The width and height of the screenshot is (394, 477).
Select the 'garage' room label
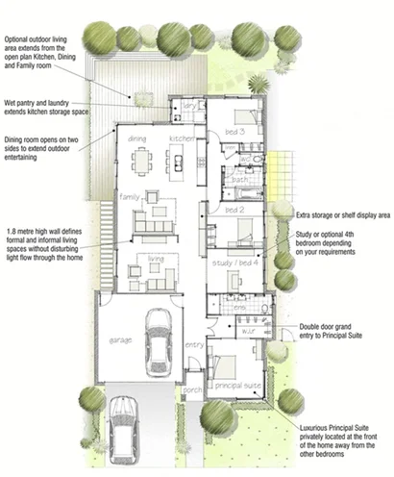click(119, 339)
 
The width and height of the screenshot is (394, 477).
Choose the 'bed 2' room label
click(234, 209)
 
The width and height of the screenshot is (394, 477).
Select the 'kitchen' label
click(183, 138)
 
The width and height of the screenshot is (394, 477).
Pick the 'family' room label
click(130, 196)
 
